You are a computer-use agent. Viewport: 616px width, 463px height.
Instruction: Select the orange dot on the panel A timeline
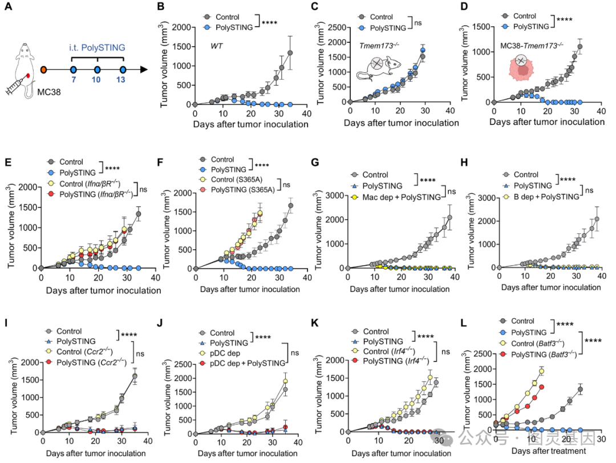point(44,70)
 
